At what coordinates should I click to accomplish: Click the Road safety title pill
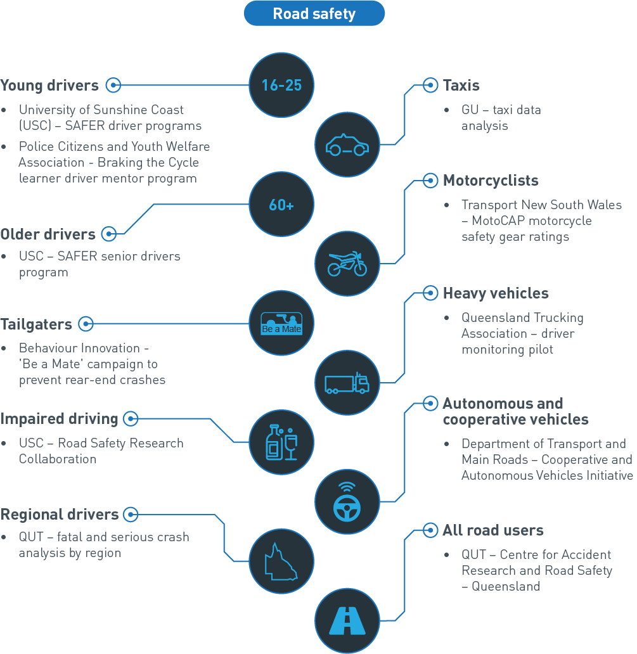[314, 13]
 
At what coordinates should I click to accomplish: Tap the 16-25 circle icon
[281, 84]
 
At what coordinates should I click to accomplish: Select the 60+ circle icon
[281, 205]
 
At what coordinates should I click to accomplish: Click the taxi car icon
[347, 145]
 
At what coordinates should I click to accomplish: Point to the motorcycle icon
[347, 264]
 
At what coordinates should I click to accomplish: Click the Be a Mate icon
[281, 323]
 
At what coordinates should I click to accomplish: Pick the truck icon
[347, 383]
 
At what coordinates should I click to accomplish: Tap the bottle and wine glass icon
[281, 442]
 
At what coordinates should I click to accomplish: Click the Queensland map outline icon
[281, 561]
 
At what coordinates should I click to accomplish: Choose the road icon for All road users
[347, 620]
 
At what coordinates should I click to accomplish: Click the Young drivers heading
[49, 86]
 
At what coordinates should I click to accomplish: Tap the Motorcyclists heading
[491, 181]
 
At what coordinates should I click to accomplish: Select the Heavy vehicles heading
[496, 293]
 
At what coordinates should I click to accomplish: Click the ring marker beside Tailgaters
[86, 324]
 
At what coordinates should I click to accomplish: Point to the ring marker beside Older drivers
[108, 234]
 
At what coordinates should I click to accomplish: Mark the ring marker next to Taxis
[430, 85]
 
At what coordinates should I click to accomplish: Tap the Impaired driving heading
[59, 419]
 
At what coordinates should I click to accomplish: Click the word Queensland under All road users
[506, 586]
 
